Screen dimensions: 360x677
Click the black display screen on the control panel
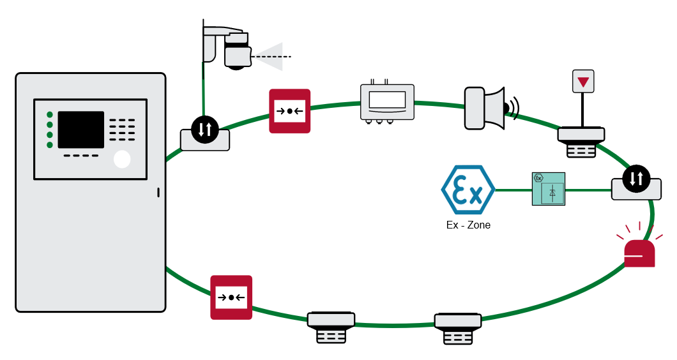tap(81, 130)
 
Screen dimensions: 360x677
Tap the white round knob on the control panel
tap(122, 159)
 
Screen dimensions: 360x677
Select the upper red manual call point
tap(289, 111)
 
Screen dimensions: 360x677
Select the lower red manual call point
tap(231, 297)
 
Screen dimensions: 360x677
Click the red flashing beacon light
tap(639, 253)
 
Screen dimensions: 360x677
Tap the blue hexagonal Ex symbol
tap(468, 190)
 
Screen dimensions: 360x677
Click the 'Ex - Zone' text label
tap(468, 225)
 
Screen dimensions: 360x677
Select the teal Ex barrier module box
tap(549, 189)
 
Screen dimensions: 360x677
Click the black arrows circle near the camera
tap(204, 130)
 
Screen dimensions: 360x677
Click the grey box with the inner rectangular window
tap(387, 101)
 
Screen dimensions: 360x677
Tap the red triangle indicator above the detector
tap(583, 82)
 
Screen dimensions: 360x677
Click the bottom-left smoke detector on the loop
tap(331, 327)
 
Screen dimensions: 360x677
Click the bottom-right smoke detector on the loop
tap(458, 328)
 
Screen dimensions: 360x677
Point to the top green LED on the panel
tap(49, 115)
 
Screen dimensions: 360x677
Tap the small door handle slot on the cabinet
tap(158, 192)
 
